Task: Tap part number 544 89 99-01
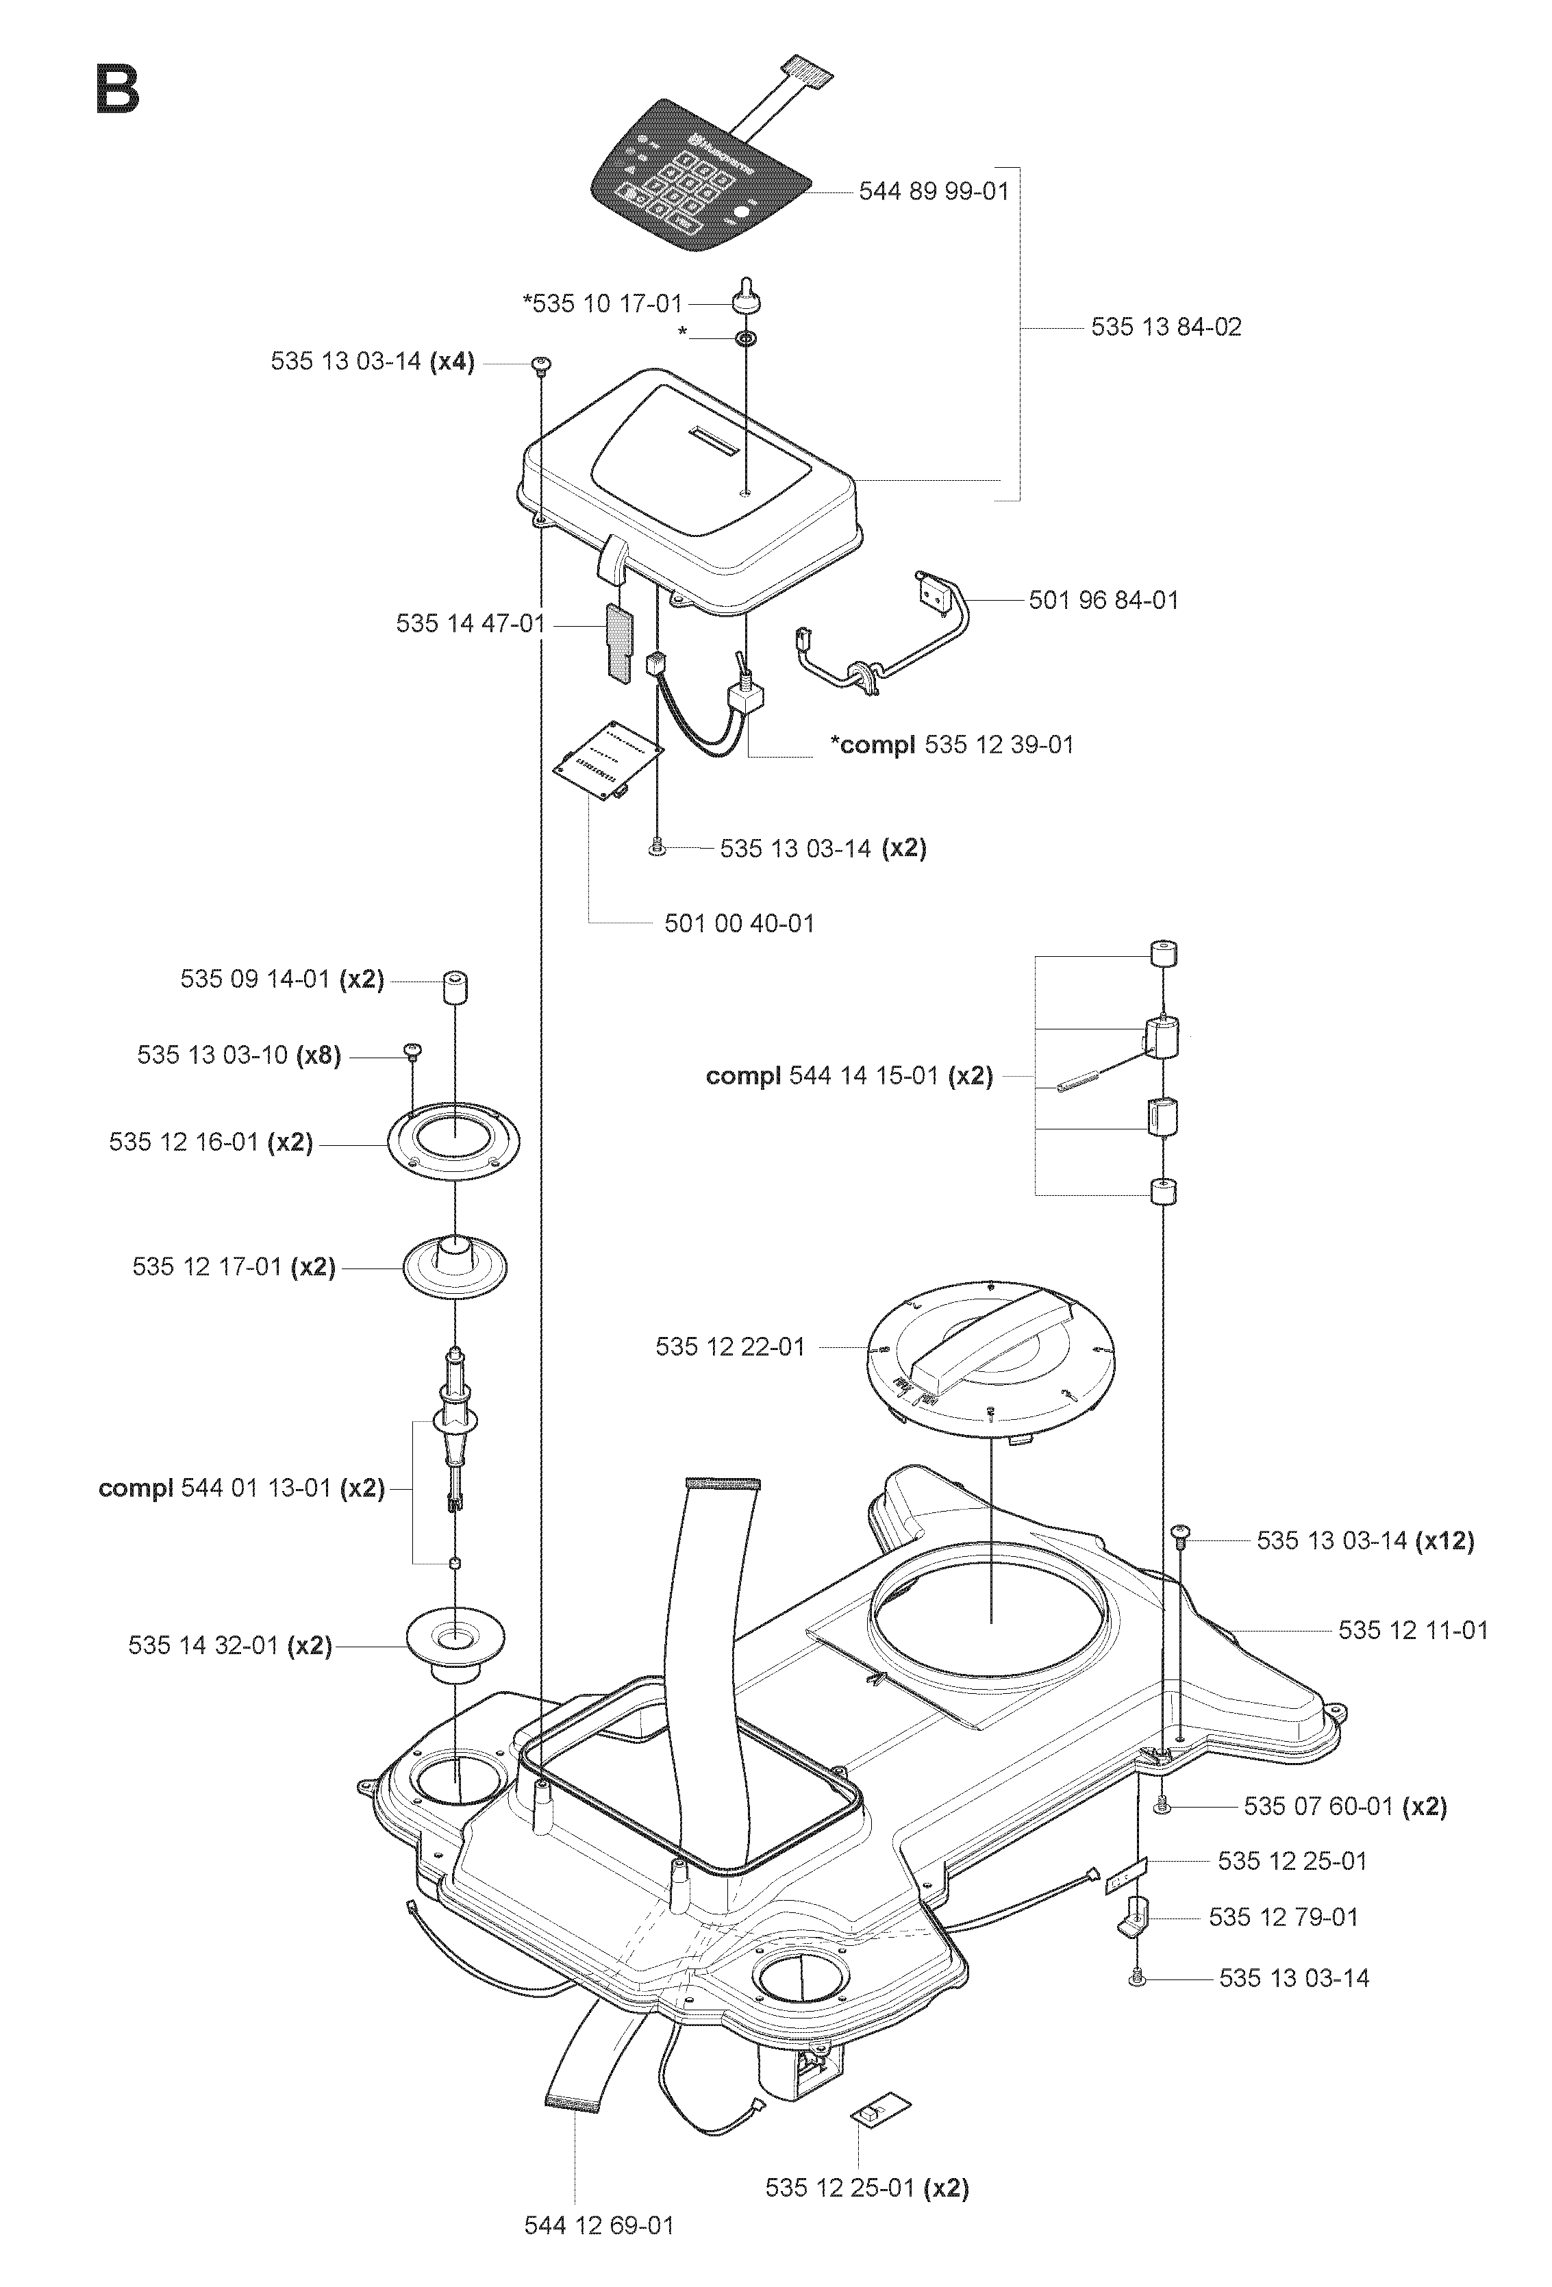(x=934, y=191)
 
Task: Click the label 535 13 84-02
(x=1166, y=327)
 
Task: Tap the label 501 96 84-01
(x=1103, y=600)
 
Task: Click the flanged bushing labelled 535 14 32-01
(x=455, y=1649)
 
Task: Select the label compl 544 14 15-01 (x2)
(x=849, y=1075)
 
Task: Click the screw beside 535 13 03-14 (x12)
(x=1181, y=1533)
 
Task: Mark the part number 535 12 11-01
(x=1413, y=1631)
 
